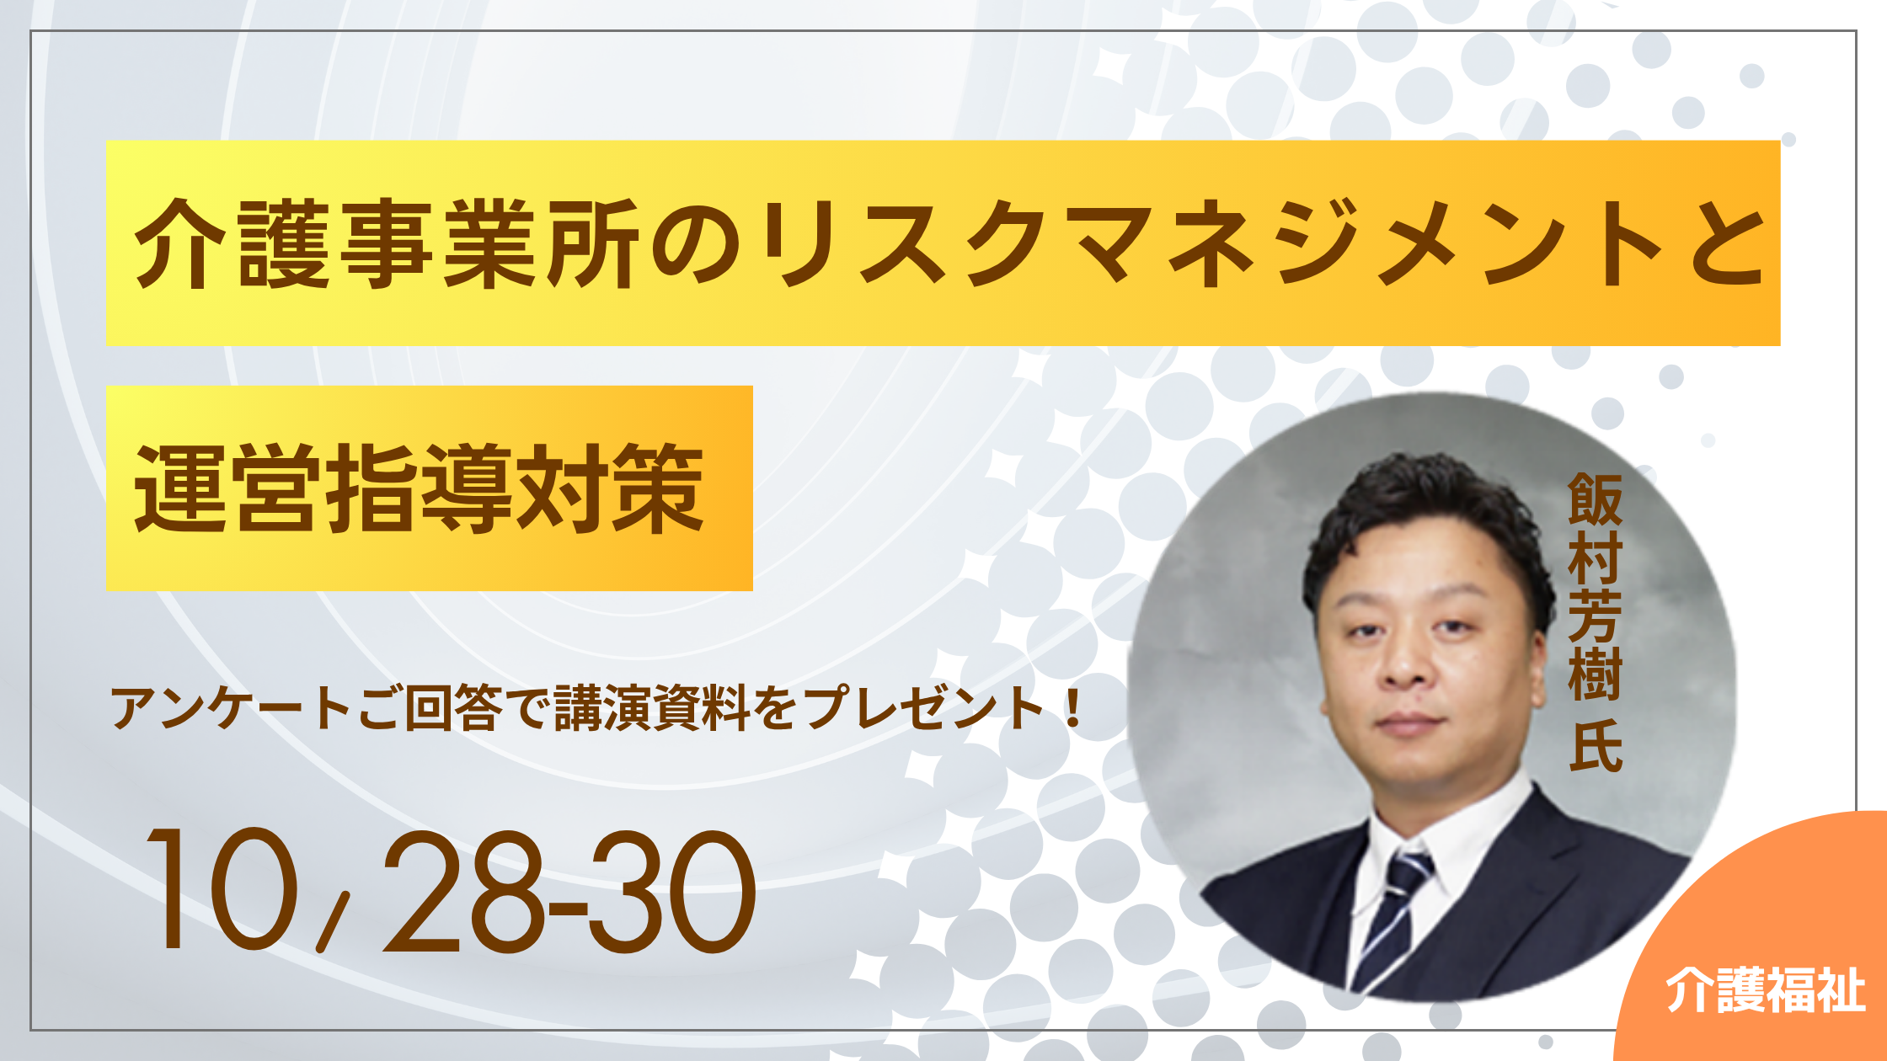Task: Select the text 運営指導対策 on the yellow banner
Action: pos(419,489)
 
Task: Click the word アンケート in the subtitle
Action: pos(229,707)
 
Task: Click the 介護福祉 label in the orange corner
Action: pos(1766,990)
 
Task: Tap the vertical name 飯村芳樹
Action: pos(1595,587)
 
